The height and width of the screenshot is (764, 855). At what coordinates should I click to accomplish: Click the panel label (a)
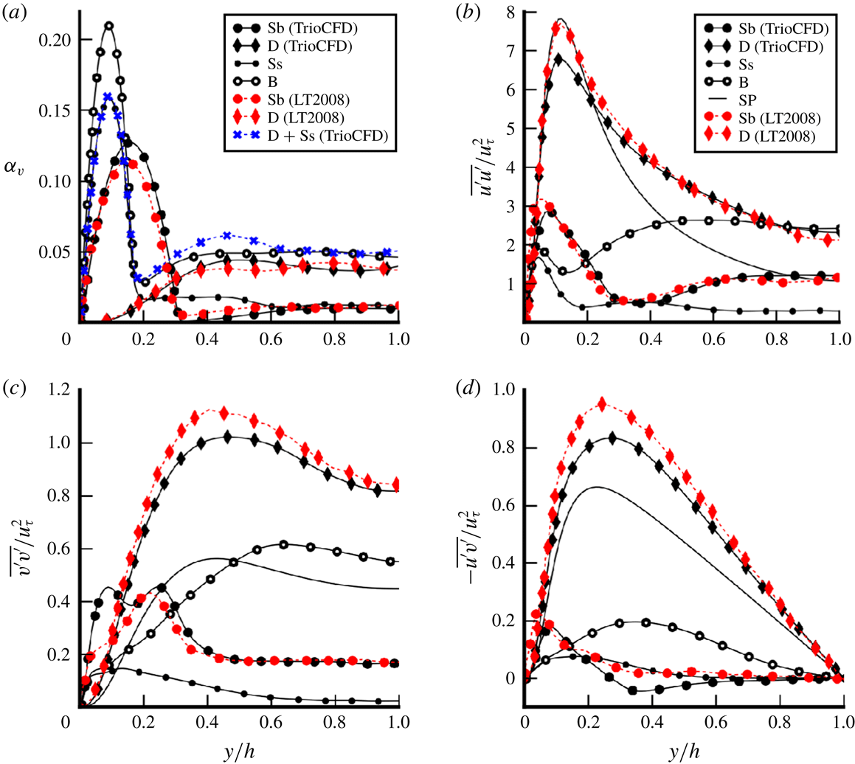click(13, 13)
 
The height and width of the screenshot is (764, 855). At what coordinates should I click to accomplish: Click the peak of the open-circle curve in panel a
click(109, 26)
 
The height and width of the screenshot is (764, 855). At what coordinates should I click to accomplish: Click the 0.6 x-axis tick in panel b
click(714, 340)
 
